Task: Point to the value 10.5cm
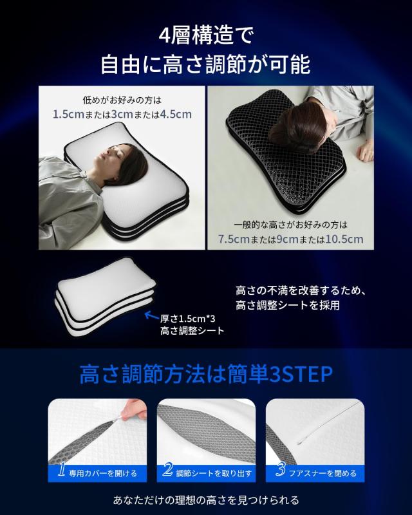pyautogui.click(x=344, y=239)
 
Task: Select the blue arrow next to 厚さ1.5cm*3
pyautogui.click(x=151, y=315)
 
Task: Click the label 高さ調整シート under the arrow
pyautogui.click(x=192, y=331)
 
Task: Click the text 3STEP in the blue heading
pyautogui.click(x=299, y=374)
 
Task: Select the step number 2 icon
pyautogui.click(x=169, y=472)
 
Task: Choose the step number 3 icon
pyautogui.click(x=280, y=472)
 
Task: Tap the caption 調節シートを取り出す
pyautogui.click(x=215, y=474)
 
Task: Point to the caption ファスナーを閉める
pyautogui.click(x=324, y=474)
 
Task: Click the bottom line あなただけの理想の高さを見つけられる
pyautogui.click(x=206, y=500)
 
